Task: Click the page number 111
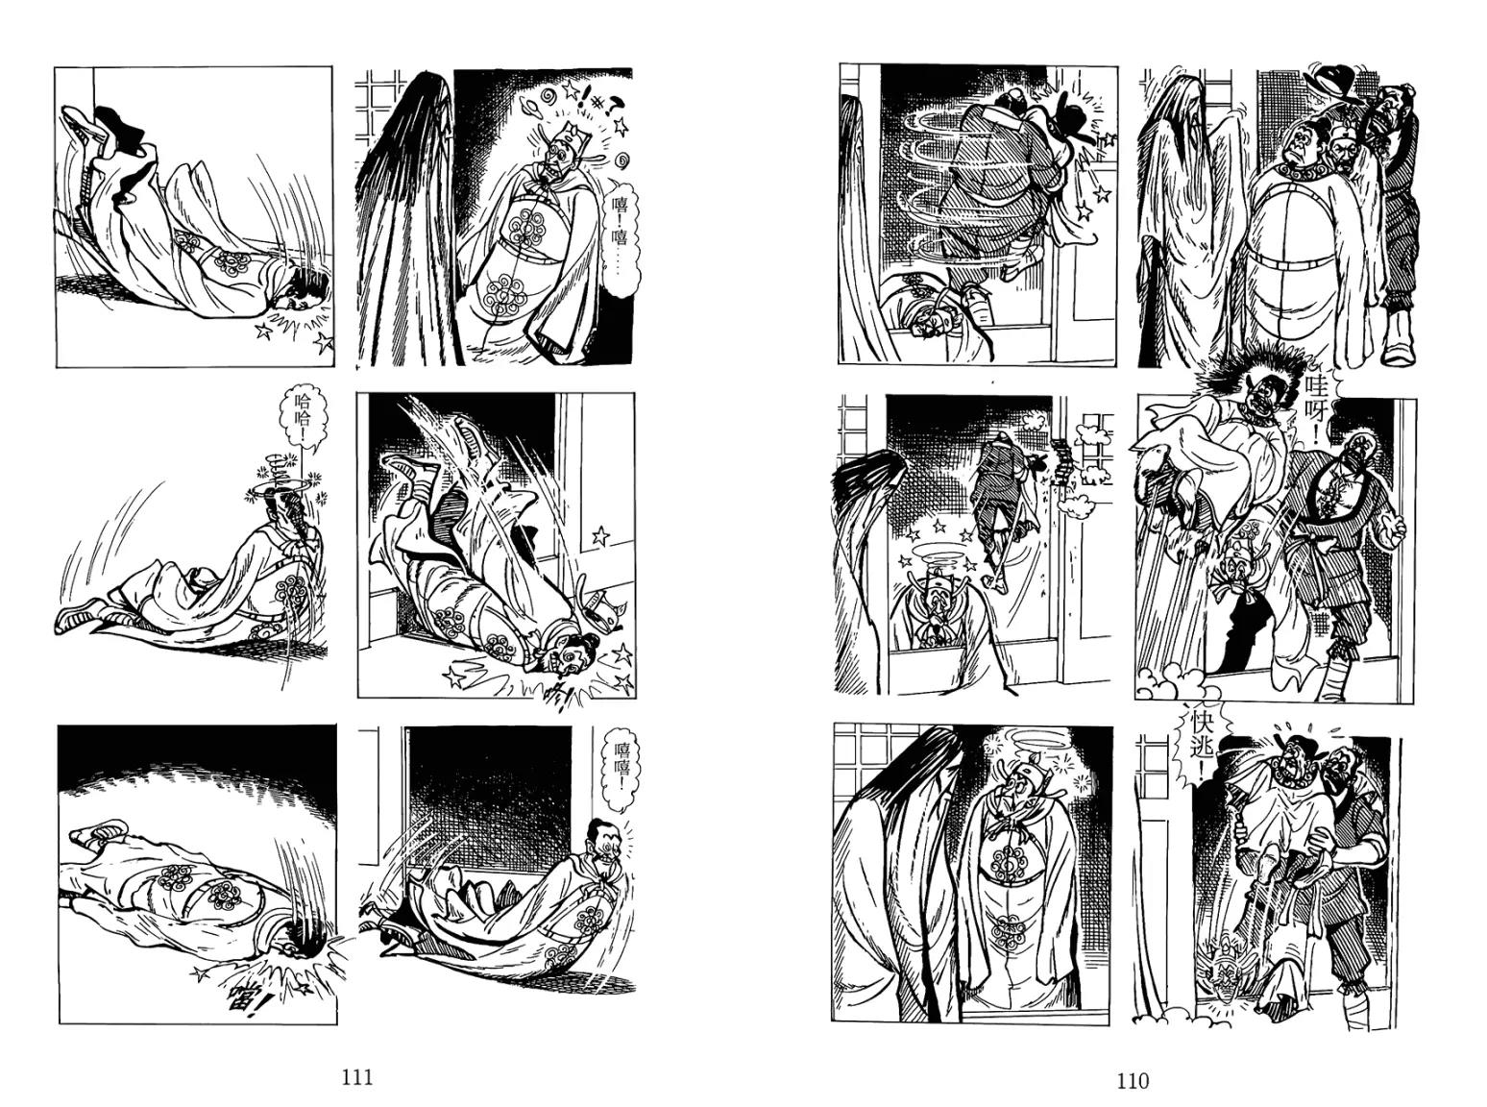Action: pyautogui.click(x=356, y=1077)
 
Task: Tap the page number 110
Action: pyautogui.click(x=1133, y=1081)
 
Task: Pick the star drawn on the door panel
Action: pyautogui.click(x=600, y=536)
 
